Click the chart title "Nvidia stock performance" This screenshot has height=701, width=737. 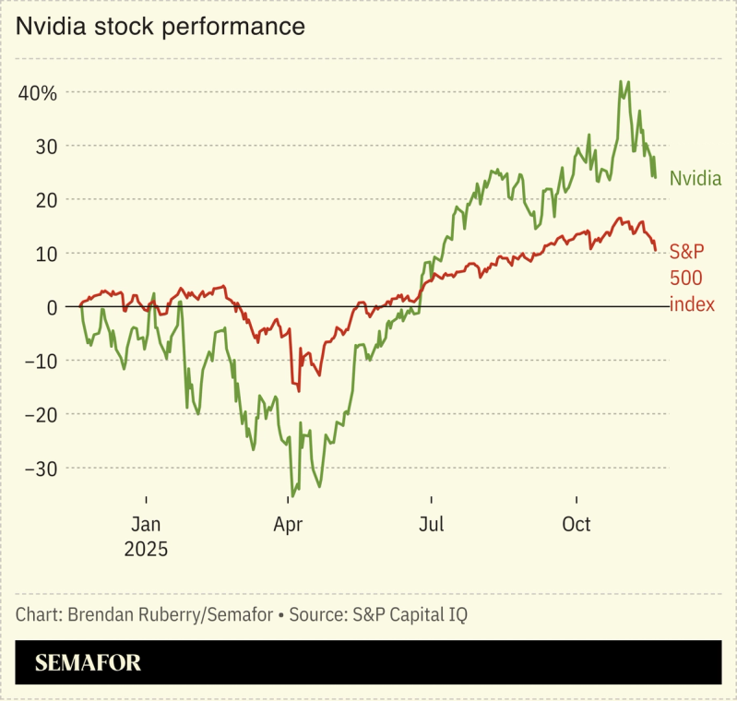(160, 27)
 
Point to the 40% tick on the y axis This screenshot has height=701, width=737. (37, 93)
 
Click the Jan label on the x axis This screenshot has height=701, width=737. (146, 525)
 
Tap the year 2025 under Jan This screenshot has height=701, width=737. (146, 549)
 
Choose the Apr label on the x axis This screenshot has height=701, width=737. (289, 525)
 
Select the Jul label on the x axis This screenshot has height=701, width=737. (431, 525)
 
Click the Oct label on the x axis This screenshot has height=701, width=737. (577, 525)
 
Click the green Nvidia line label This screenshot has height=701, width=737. (695, 178)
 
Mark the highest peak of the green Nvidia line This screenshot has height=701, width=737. (621, 82)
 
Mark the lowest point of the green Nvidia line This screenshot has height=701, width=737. (292, 495)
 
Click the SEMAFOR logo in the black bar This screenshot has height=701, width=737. (88, 663)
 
